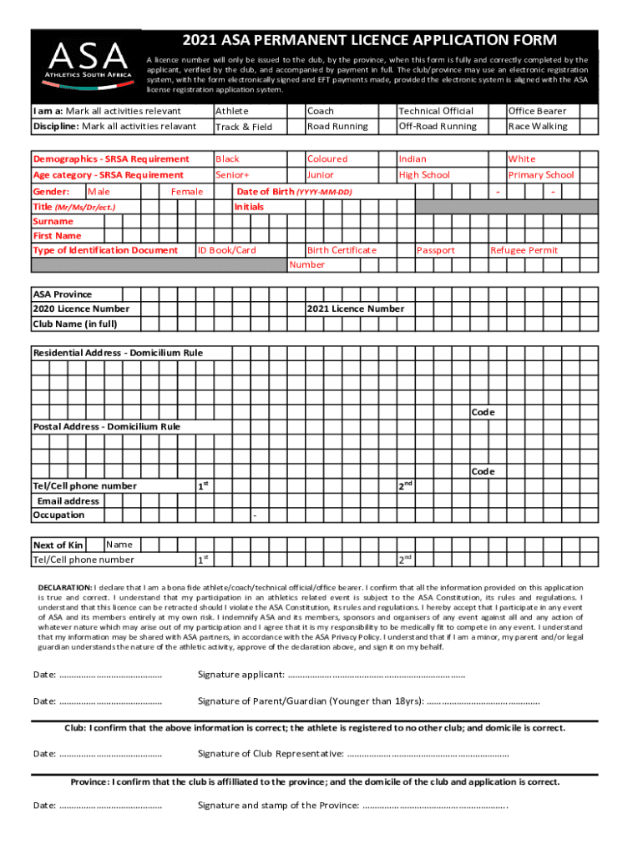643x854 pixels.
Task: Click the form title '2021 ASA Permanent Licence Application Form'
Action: [x=370, y=41]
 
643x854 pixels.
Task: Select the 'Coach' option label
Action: [x=321, y=111]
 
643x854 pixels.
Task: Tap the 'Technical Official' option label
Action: [x=436, y=111]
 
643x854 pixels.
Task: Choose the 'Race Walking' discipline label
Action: [x=537, y=127]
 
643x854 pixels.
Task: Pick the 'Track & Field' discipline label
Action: [x=244, y=127]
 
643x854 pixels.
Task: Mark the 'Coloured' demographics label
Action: [x=327, y=158]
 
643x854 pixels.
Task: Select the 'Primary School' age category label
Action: [x=541, y=175]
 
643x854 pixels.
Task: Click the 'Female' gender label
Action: [x=188, y=192]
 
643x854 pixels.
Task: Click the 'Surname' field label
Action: [x=53, y=222]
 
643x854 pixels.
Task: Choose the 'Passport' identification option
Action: [x=436, y=250]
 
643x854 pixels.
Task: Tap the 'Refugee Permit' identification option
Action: [x=524, y=250]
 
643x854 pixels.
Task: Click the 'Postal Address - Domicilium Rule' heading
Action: [x=106, y=427]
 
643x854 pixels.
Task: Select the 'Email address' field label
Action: [x=68, y=501]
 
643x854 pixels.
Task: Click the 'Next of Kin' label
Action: [x=58, y=545]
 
